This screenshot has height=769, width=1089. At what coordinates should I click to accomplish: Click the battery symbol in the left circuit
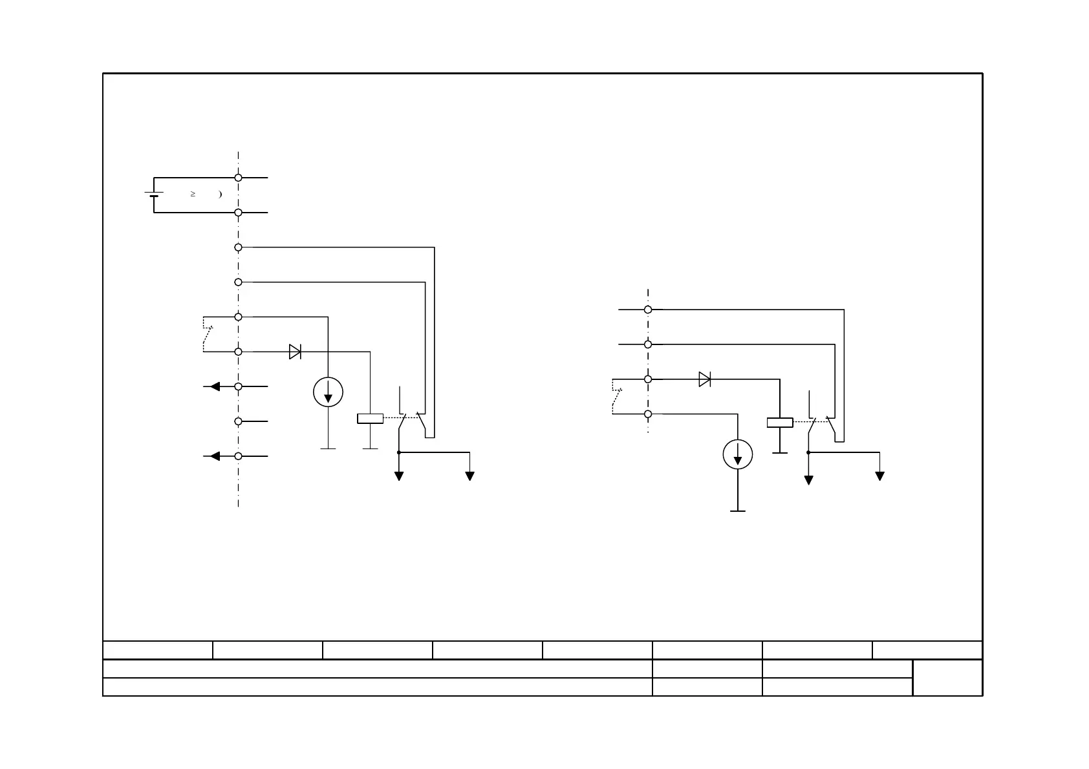154,194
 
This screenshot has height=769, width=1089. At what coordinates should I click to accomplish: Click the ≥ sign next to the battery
193,194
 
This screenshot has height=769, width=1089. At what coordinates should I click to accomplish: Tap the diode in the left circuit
295,352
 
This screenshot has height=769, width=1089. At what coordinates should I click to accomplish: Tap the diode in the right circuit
705,379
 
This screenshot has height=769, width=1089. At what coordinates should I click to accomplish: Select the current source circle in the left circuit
328,392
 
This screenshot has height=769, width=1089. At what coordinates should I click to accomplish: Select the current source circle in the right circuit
738,454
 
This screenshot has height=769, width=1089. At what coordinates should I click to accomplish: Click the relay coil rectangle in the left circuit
370,419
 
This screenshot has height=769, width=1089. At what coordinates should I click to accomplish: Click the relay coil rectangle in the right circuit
780,423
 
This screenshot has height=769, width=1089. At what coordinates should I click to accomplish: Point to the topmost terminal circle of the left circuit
238,177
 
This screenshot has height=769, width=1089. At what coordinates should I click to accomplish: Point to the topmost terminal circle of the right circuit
648,310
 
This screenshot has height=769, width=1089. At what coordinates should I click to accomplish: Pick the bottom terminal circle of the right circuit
648,414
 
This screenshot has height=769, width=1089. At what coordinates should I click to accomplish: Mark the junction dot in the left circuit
399,452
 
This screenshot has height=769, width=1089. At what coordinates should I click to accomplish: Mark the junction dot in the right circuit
808,452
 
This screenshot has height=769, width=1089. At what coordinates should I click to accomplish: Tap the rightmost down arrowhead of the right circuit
879,476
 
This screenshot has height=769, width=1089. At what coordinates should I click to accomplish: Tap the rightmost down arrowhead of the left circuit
470,476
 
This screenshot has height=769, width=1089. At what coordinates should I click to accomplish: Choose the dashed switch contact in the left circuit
207,335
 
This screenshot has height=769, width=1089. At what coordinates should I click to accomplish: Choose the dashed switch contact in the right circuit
616,397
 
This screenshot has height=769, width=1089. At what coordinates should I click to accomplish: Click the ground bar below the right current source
738,511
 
